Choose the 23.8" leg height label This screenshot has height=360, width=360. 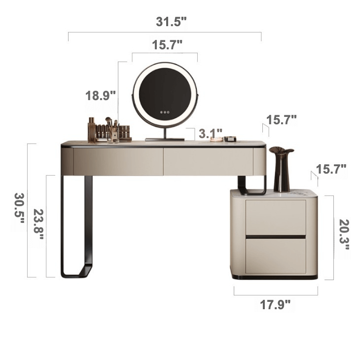(x=38, y=224)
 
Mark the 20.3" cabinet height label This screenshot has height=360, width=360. (x=344, y=234)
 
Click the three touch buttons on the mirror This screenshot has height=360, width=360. (x=164, y=112)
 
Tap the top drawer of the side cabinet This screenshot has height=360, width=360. (x=276, y=217)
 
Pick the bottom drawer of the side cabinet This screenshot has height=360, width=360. (x=276, y=255)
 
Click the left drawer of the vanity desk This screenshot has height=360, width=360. (x=118, y=161)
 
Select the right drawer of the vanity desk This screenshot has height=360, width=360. (x=208, y=161)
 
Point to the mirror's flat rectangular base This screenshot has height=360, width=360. (x=165, y=140)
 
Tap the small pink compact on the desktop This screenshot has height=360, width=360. (x=216, y=140)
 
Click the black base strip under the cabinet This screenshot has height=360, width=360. (x=275, y=278)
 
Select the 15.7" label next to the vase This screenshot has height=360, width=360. (x=331, y=169)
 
